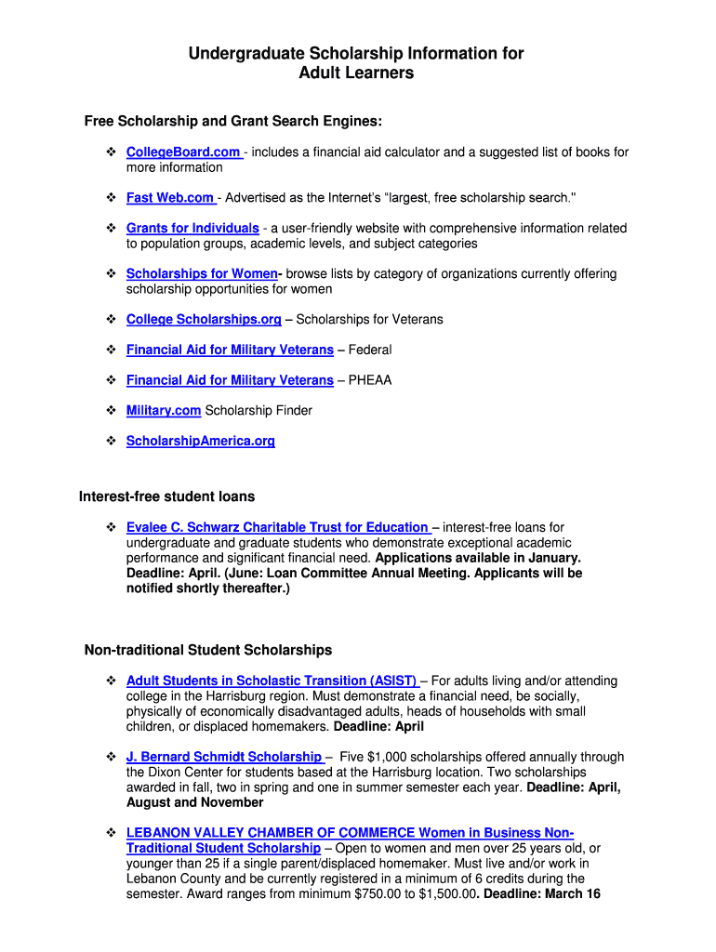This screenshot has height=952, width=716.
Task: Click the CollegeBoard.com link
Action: point(183,152)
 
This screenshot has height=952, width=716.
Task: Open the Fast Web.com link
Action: point(170,198)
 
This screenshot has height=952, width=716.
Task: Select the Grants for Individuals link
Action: point(192,229)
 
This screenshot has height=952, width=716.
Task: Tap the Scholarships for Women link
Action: point(202,274)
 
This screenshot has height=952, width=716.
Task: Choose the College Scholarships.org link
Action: point(204,320)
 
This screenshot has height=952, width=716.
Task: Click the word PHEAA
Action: point(370,380)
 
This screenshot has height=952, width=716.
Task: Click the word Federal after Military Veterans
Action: point(370,350)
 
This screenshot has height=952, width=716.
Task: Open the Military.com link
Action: point(164,411)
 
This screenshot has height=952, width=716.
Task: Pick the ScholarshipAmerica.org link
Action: point(201,442)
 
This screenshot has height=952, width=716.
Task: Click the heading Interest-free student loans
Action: point(166,496)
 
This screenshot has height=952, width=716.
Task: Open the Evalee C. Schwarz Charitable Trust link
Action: point(277,528)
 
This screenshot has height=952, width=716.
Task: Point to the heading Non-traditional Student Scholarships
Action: point(208,650)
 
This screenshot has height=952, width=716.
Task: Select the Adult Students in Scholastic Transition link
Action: point(272,681)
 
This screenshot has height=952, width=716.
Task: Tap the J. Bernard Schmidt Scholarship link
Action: point(224,758)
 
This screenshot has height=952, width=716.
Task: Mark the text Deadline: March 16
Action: point(542,894)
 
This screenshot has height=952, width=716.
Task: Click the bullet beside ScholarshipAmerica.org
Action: point(109,442)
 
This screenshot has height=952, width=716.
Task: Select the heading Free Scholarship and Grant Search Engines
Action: point(233,122)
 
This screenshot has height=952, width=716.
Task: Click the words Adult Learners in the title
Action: point(356,73)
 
